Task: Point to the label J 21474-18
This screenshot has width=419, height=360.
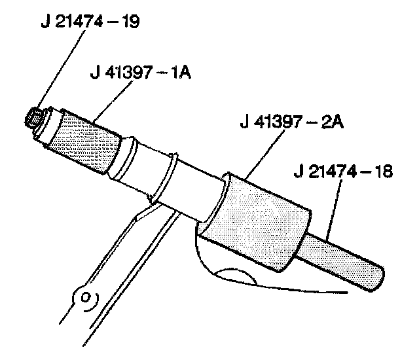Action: pyautogui.click(x=343, y=172)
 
